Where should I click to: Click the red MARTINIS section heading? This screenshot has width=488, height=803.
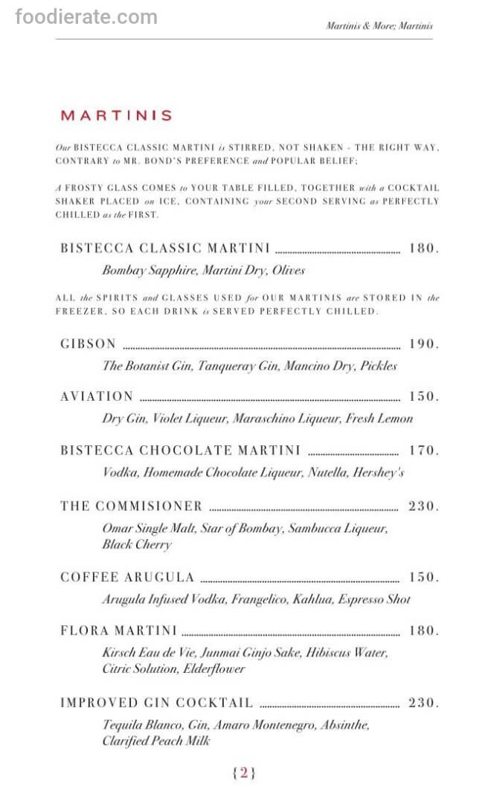point(116,115)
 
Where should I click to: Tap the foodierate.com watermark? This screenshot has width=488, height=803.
point(86,16)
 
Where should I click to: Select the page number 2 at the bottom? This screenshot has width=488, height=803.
point(244,773)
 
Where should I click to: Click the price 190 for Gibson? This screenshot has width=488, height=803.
point(423,344)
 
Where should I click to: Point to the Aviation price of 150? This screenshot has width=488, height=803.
point(423,396)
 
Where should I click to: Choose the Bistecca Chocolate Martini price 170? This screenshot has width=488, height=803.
point(423,451)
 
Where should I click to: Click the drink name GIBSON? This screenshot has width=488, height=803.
point(89,344)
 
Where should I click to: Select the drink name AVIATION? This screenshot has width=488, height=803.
point(97,396)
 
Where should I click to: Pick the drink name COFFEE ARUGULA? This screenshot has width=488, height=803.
point(127,578)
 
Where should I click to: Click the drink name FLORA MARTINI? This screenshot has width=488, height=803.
point(118,631)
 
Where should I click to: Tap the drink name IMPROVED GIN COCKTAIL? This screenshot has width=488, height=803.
point(156,703)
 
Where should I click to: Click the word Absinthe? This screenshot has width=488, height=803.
point(344,724)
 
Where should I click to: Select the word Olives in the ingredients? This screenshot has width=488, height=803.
point(287,271)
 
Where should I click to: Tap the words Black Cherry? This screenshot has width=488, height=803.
point(137,544)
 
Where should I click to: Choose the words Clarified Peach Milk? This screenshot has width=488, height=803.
point(156,741)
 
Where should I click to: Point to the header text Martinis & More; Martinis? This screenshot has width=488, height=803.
point(379,26)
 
